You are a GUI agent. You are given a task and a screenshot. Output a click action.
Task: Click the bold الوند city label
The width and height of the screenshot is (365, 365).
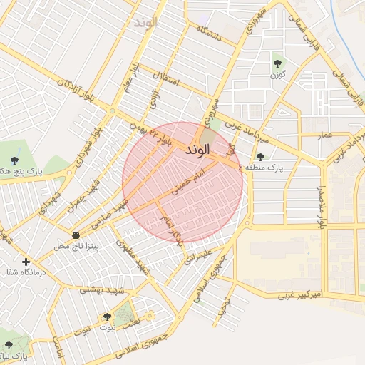click(197, 150)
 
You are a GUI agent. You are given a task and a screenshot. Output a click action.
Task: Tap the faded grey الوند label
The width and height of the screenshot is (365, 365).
click(140, 22)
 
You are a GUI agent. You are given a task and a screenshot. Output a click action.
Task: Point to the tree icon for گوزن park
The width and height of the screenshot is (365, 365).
click(277, 62)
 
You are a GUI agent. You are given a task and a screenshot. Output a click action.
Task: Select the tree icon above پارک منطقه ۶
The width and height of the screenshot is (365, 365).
click(259, 156)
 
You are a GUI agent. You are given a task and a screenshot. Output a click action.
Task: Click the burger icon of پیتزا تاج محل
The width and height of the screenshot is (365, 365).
click(76, 235)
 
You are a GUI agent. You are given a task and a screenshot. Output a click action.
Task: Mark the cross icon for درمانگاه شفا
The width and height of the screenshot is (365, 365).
click(26, 262)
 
